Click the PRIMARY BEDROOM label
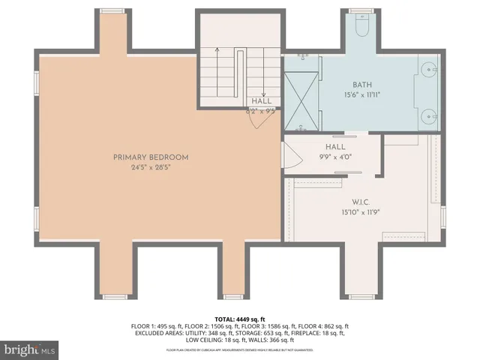click(x=151, y=157)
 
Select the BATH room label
click(x=363, y=85)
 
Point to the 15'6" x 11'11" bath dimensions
click(x=363, y=94)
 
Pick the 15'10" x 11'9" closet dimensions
click(x=361, y=212)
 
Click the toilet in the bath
click(x=361, y=26)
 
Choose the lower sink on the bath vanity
click(x=427, y=115)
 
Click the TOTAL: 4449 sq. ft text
click(x=240, y=319)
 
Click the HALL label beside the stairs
click(x=262, y=101)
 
